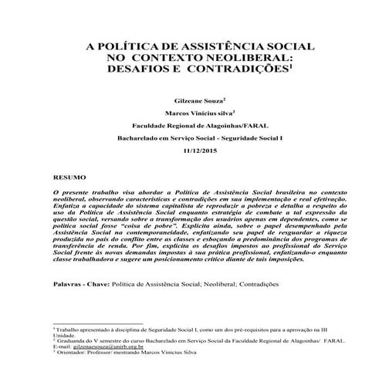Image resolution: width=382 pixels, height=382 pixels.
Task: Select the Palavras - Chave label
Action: (x=79, y=285)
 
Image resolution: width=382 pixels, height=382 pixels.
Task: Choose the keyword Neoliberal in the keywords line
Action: (x=201, y=285)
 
